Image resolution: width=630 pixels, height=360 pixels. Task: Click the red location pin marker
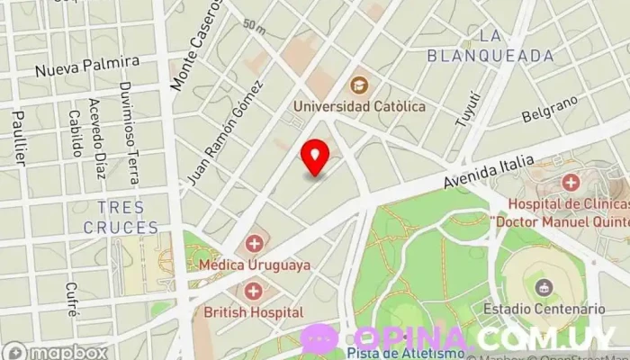(x=314, y=157)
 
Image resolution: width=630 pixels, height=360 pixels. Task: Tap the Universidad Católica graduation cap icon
(x=359, y=85)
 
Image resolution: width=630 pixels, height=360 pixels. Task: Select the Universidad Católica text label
(x=359, y=106)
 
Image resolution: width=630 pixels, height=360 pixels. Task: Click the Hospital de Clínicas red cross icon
(x=570, y=183)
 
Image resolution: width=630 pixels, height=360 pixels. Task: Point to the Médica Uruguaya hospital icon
(x=255, y=243)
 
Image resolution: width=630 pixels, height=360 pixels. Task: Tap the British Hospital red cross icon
(x=254, y=291)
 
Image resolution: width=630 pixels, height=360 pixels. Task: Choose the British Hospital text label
(x=254, y=312)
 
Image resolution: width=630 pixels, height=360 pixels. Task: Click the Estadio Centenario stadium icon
(x=544, y=287)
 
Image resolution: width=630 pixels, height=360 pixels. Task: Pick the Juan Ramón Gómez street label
(x=224, y=133)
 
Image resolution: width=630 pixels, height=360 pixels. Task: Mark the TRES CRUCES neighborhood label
(x=121, y=218)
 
